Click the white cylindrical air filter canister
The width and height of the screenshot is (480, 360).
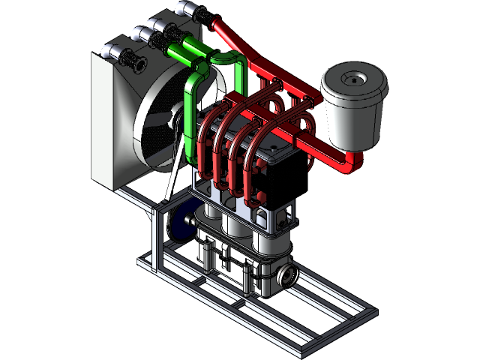click(x=352, y=112)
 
